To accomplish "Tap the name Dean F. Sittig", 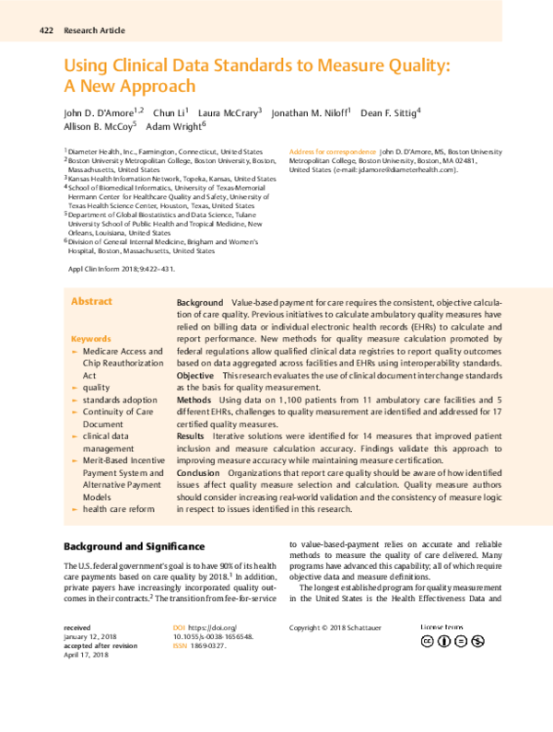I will click(389, 111).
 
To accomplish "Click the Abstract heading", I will click(92, 301).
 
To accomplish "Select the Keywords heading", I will click(90, 339).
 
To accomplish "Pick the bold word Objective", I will click(194, 377).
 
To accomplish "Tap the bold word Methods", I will click(194, 401).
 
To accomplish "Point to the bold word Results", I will click(191, 436).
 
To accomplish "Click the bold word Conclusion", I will click(198, 472).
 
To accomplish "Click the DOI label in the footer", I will click(180, 628).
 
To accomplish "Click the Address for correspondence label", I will click(333, 150).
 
